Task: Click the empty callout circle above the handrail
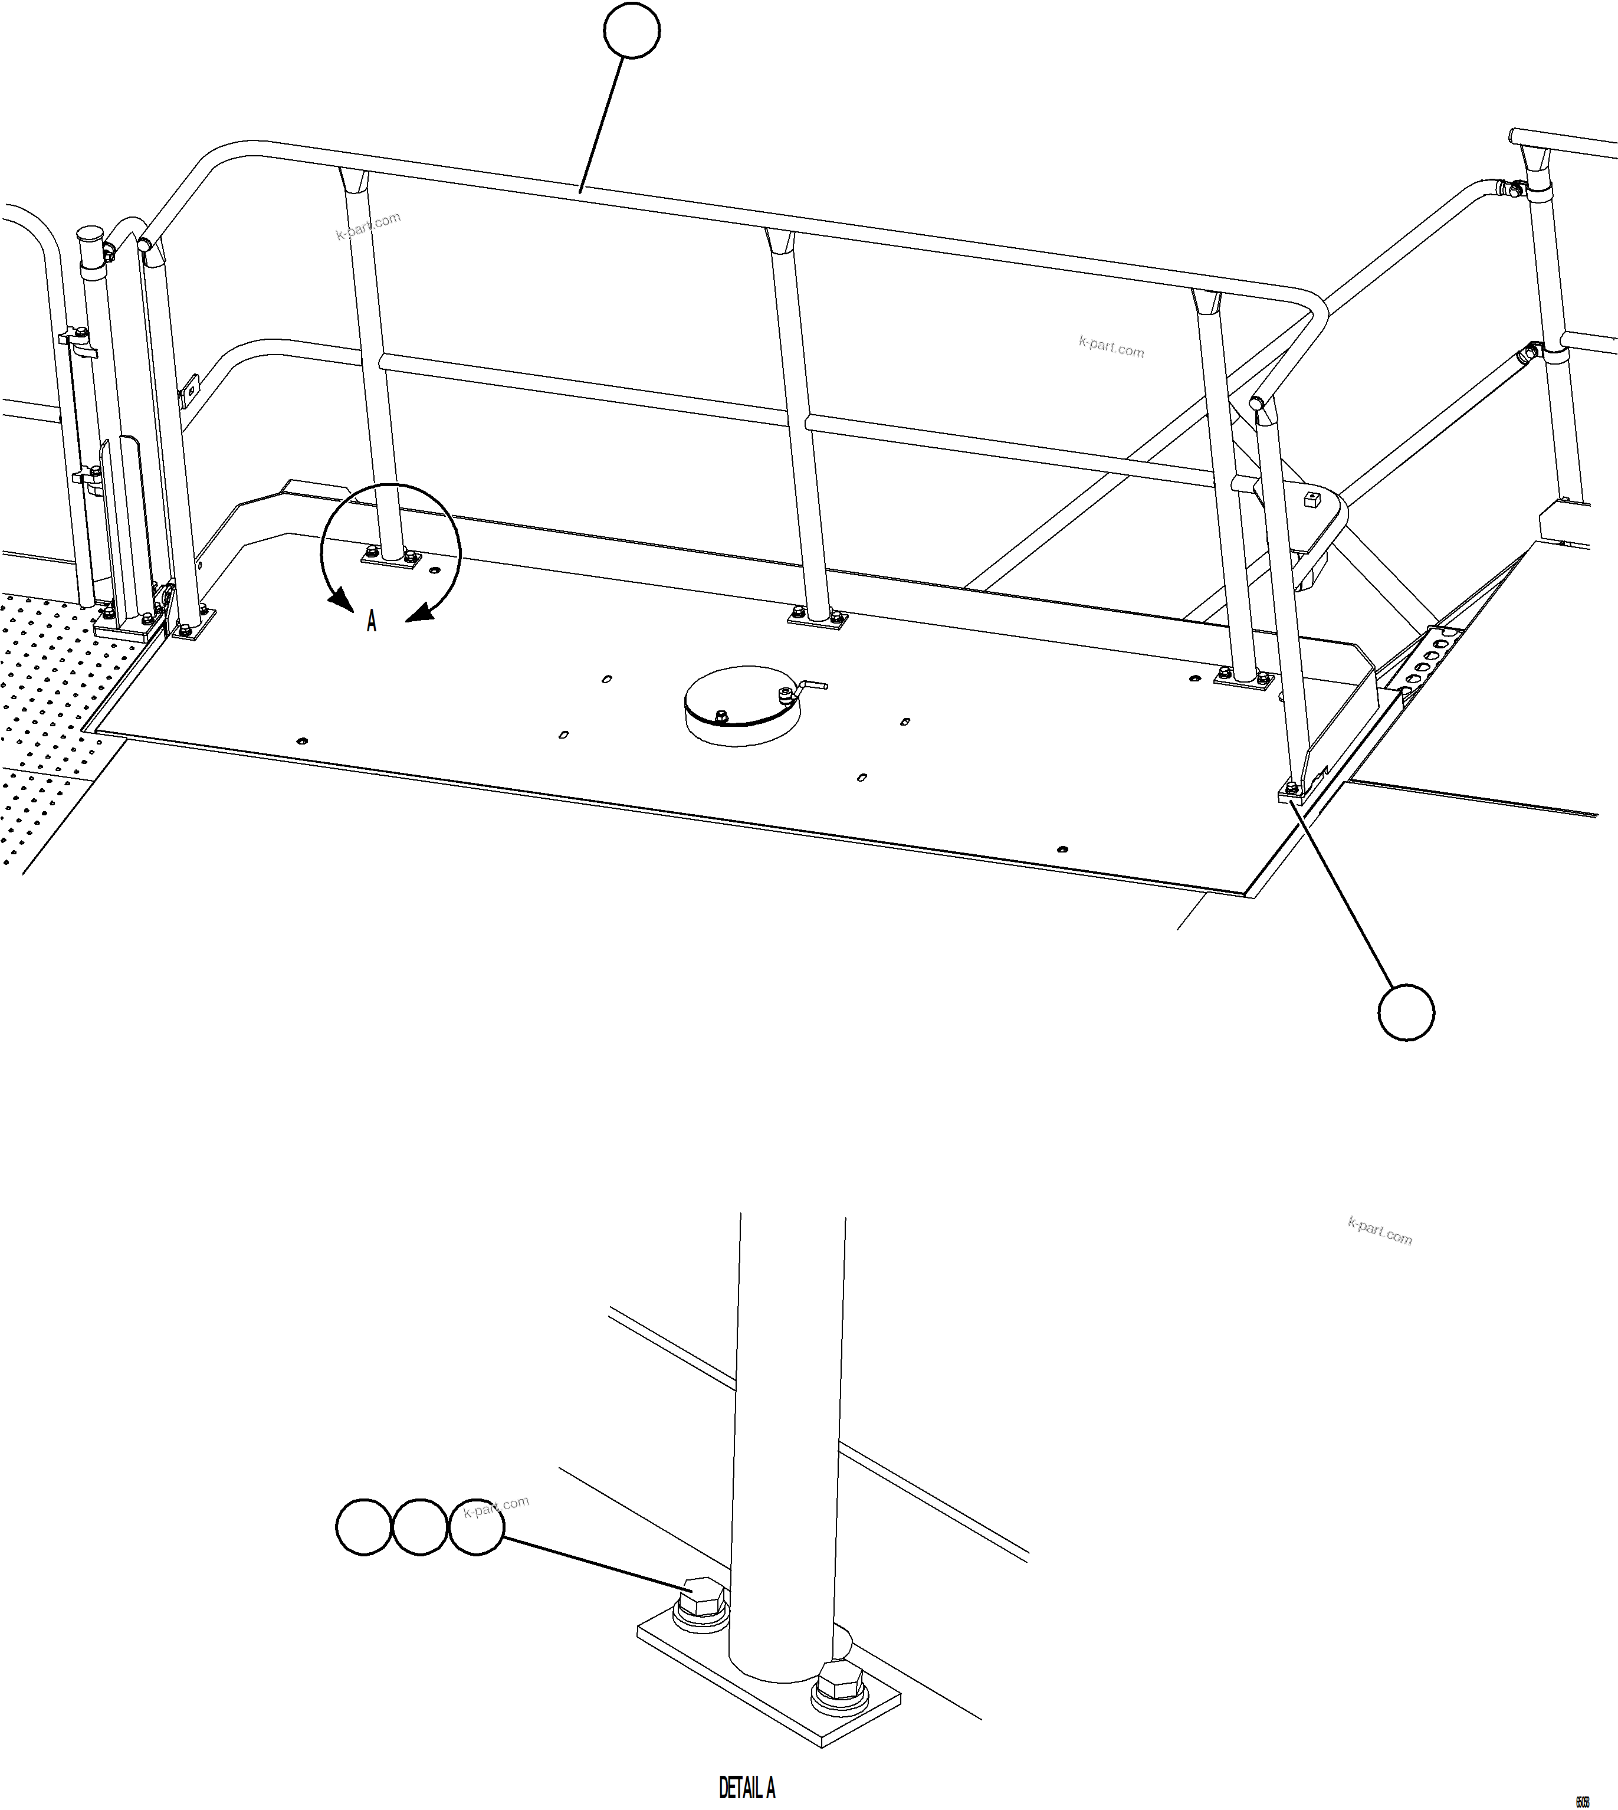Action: pyautogui.click(x=631, y=31)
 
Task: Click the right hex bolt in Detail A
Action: pyautogui.click(x=840, y=1685)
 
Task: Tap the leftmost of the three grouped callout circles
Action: pyautogui.click(x=363, y=1527)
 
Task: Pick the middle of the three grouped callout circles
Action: pyautogui.click(x=419, y=1527)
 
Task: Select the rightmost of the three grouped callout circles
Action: pyautogui.click(x=477, y=1527)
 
